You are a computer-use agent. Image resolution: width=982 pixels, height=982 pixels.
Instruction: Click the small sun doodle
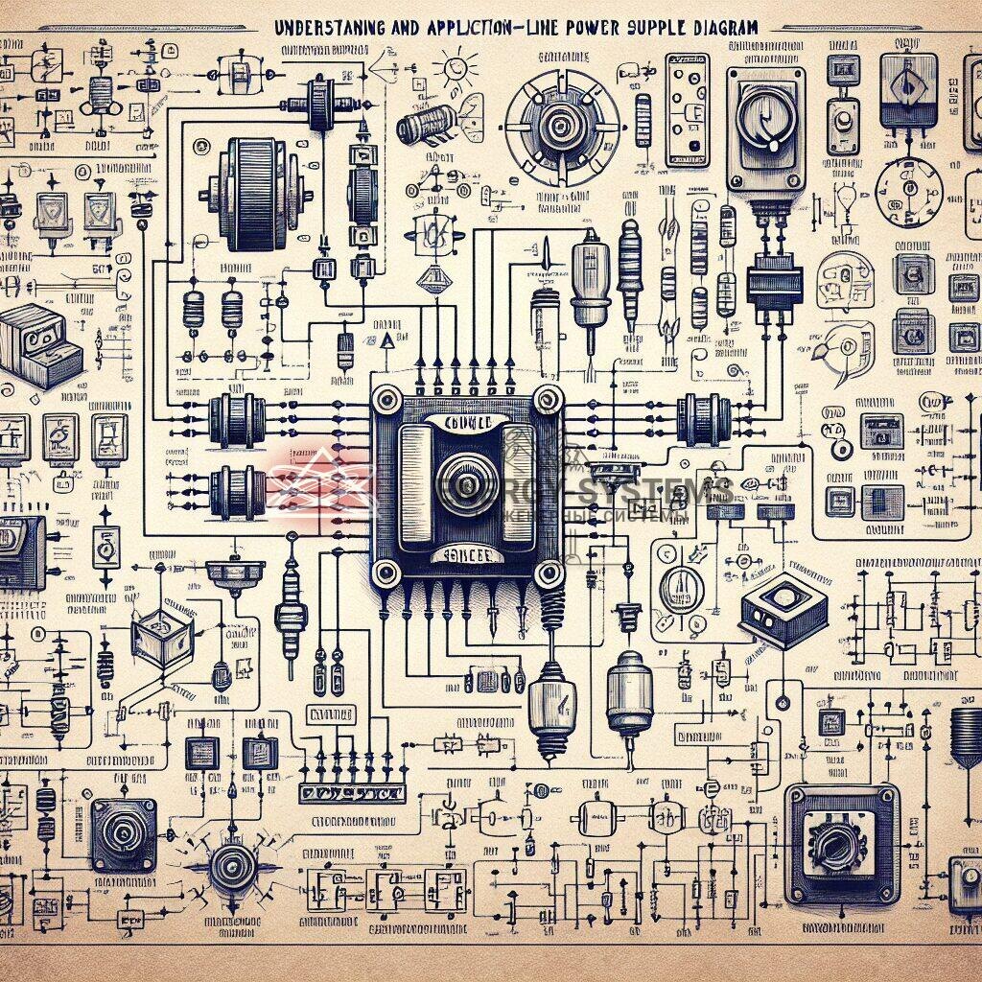(x=454, y=69)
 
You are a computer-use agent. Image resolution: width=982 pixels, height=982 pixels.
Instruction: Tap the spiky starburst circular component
(x=229, y=870)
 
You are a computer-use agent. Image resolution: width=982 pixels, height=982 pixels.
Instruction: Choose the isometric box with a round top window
(x=783, y=606)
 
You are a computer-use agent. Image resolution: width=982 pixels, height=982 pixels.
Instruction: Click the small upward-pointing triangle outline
(x=386, y=342)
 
